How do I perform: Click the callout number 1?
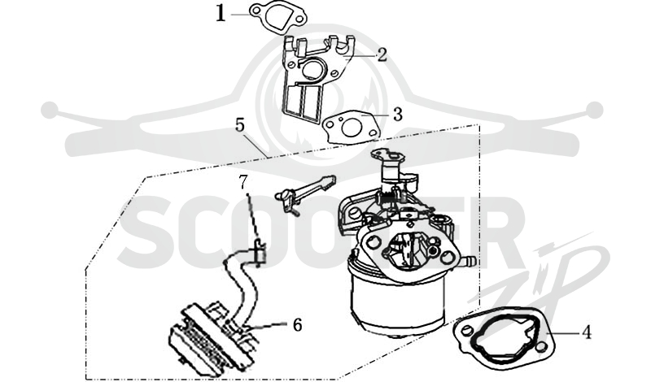pos(221,14)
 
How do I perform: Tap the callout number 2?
pos(382,54)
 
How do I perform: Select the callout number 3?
pos(398,114)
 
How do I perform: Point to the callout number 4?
pos(587,332)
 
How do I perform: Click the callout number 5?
pos(241,124)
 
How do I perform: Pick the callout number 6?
pos(297,325)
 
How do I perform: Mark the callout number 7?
pos(243,181)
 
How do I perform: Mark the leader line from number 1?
pos(240,14)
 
